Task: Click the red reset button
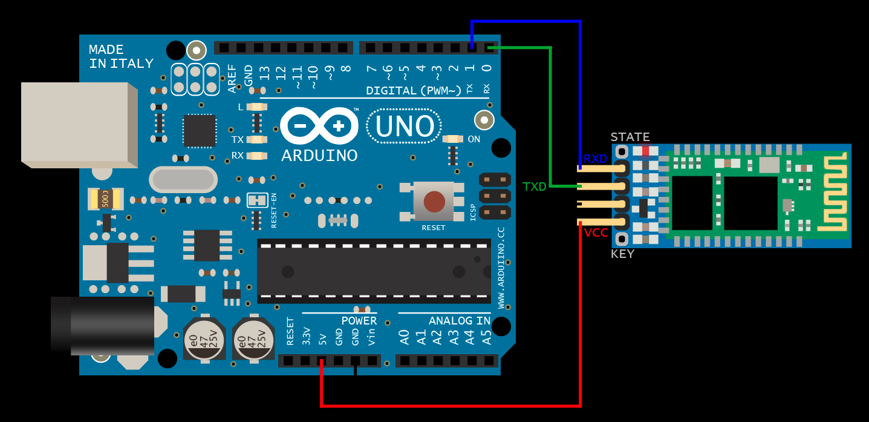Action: click(434, 201)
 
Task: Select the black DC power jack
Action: click(102, 326)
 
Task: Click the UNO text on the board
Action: click(405, 127)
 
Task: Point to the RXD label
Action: click(595, 159)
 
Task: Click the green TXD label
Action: click(535, 187)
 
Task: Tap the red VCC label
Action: click(596, 232)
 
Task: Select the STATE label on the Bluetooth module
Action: click(630, 137)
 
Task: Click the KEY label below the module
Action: click(623, 254)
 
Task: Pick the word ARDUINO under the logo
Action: click(319, 156)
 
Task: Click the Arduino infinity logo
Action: click(319, 126)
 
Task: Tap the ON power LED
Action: click(453, 139)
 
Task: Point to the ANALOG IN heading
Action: click(460, 321)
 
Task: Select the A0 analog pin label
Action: click(404, 337)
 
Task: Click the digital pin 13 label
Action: click(264, 73)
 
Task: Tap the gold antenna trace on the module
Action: click(833, 192)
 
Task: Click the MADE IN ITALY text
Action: click(121, 56)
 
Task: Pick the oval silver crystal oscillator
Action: click(183, 180)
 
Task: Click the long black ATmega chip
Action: click(374, 271)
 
